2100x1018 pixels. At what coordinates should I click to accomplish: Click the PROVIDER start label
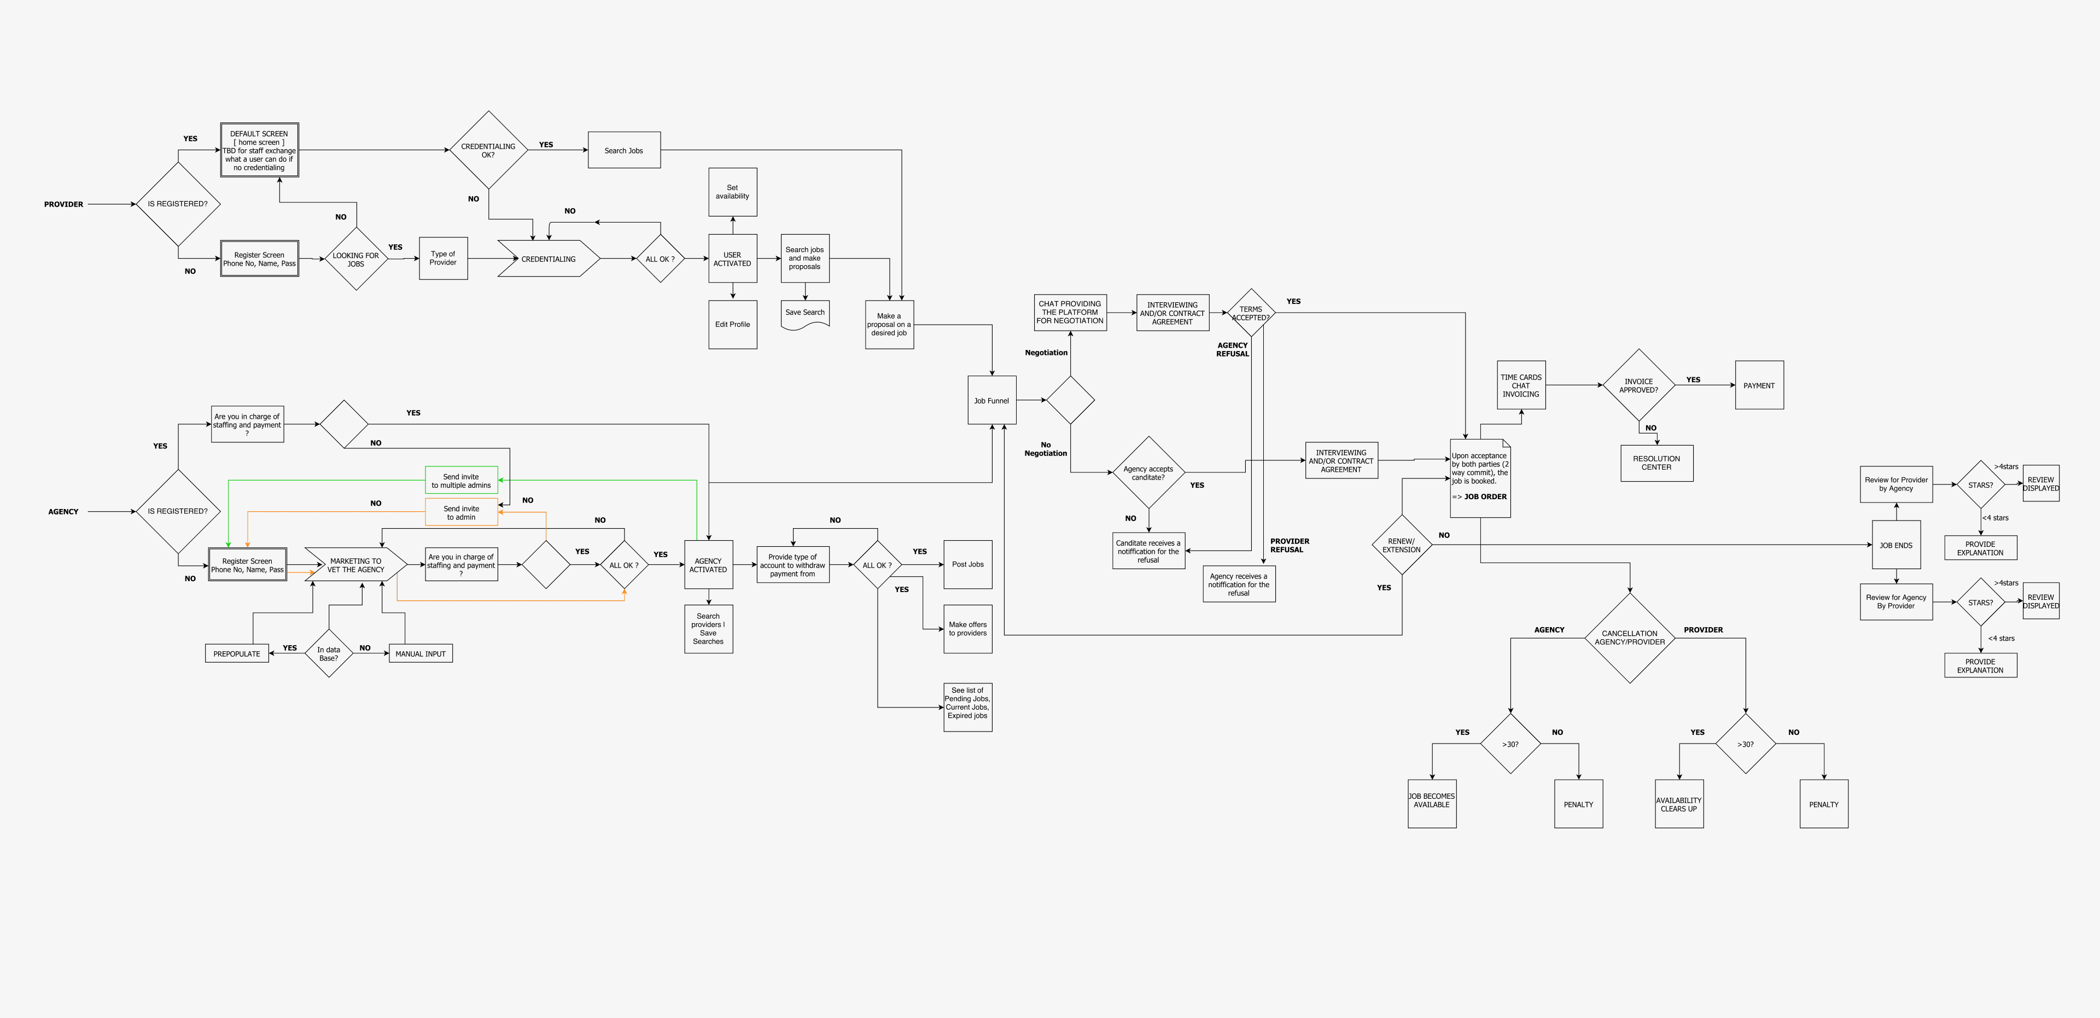click(x=63, y=204)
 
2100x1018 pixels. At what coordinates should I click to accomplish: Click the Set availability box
click(x=732, y=192)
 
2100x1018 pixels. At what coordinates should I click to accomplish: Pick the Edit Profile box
click(x=732, y=324)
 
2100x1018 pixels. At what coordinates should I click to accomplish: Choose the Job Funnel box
click(x=991, y=400)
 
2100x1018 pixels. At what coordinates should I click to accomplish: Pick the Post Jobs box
click(x=967, y=564)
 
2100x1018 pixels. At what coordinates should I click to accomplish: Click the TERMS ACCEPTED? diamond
click(x=1251, y=313)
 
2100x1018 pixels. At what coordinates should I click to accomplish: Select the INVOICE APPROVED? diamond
click(x=1638, y=385)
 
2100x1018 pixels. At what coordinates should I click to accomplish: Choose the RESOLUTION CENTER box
click(x=1656, y=463)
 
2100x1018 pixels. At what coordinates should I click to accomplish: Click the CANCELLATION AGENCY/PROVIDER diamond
click(x=1630, y=637)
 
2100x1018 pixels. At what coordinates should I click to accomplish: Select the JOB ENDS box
click(x=1896, y=545)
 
